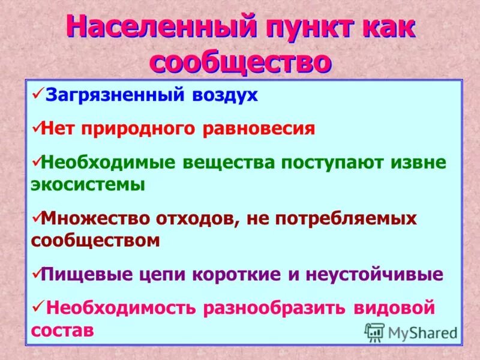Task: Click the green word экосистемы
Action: [88, 184]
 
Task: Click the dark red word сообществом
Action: [95, 241]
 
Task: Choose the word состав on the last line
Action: [62, 330]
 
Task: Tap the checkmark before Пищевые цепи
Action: [35, 274]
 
